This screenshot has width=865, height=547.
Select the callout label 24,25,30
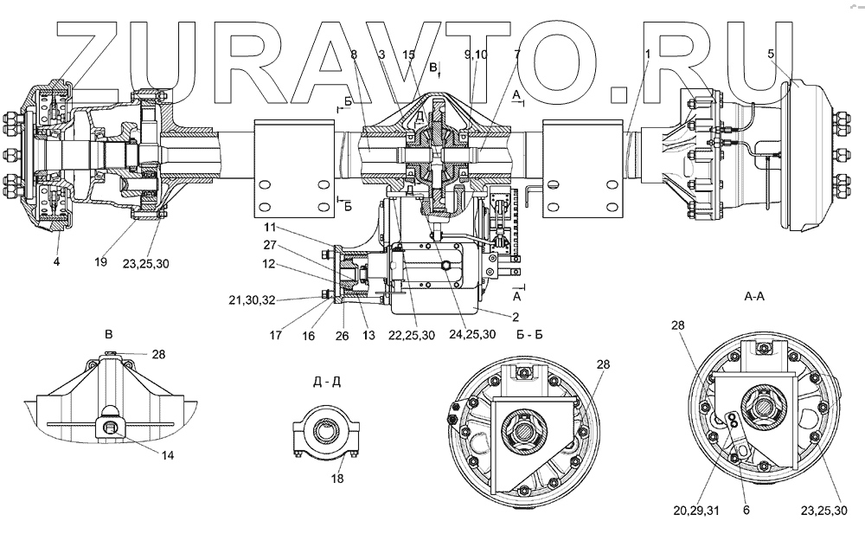472,335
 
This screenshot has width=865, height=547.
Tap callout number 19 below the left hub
101,261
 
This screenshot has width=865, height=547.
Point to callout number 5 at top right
772,54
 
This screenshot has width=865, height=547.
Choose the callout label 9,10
476,54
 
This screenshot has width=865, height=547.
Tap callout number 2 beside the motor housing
516,317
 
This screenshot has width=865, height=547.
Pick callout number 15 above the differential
409,54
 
